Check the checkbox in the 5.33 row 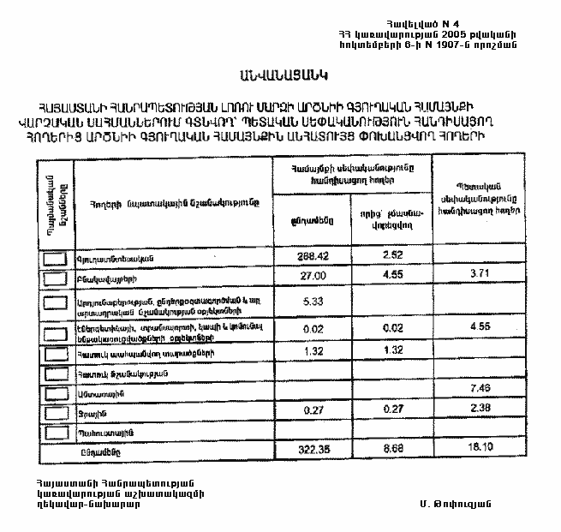tap(57, 302)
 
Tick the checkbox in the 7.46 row tap(57, 393)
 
